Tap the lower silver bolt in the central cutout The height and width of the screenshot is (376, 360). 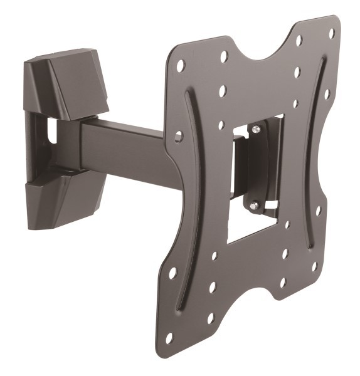[254, 204]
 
